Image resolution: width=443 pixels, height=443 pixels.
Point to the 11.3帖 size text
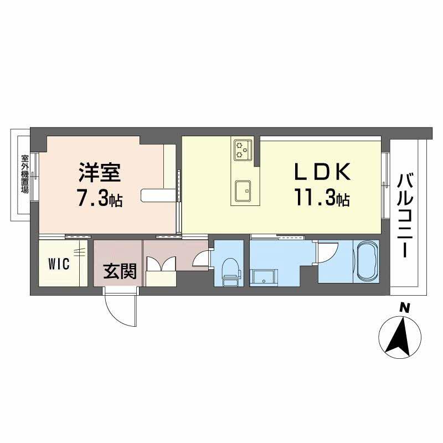pos(322,198)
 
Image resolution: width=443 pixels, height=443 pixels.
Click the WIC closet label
pos(58,264)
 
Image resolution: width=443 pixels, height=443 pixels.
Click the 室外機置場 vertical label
pos(24,173)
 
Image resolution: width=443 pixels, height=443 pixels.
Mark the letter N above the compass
pos(405,307)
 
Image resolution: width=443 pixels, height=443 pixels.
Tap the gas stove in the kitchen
pos(243,148)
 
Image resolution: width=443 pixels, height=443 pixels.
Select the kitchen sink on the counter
pos(243,191)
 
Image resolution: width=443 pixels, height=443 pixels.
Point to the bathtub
pos(365,262)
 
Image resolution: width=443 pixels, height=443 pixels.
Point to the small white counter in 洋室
pos(157,194)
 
